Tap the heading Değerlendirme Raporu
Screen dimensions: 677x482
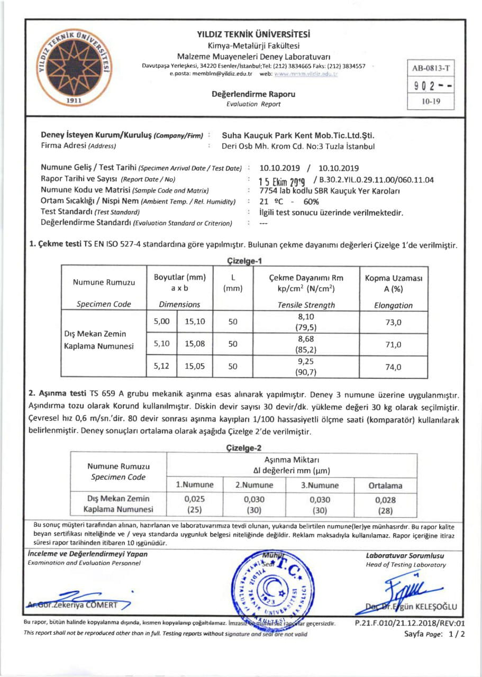coord(253,94)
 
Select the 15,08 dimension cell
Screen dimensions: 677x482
coord(195,344)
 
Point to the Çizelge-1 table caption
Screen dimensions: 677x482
coord(244,260)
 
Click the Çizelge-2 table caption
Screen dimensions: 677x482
coord(244,448)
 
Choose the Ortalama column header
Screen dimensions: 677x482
coord(385,485)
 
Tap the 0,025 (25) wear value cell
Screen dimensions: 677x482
coord(195,504)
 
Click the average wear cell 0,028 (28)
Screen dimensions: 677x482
coord(385,504)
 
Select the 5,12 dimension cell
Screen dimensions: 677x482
coord(161,365)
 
